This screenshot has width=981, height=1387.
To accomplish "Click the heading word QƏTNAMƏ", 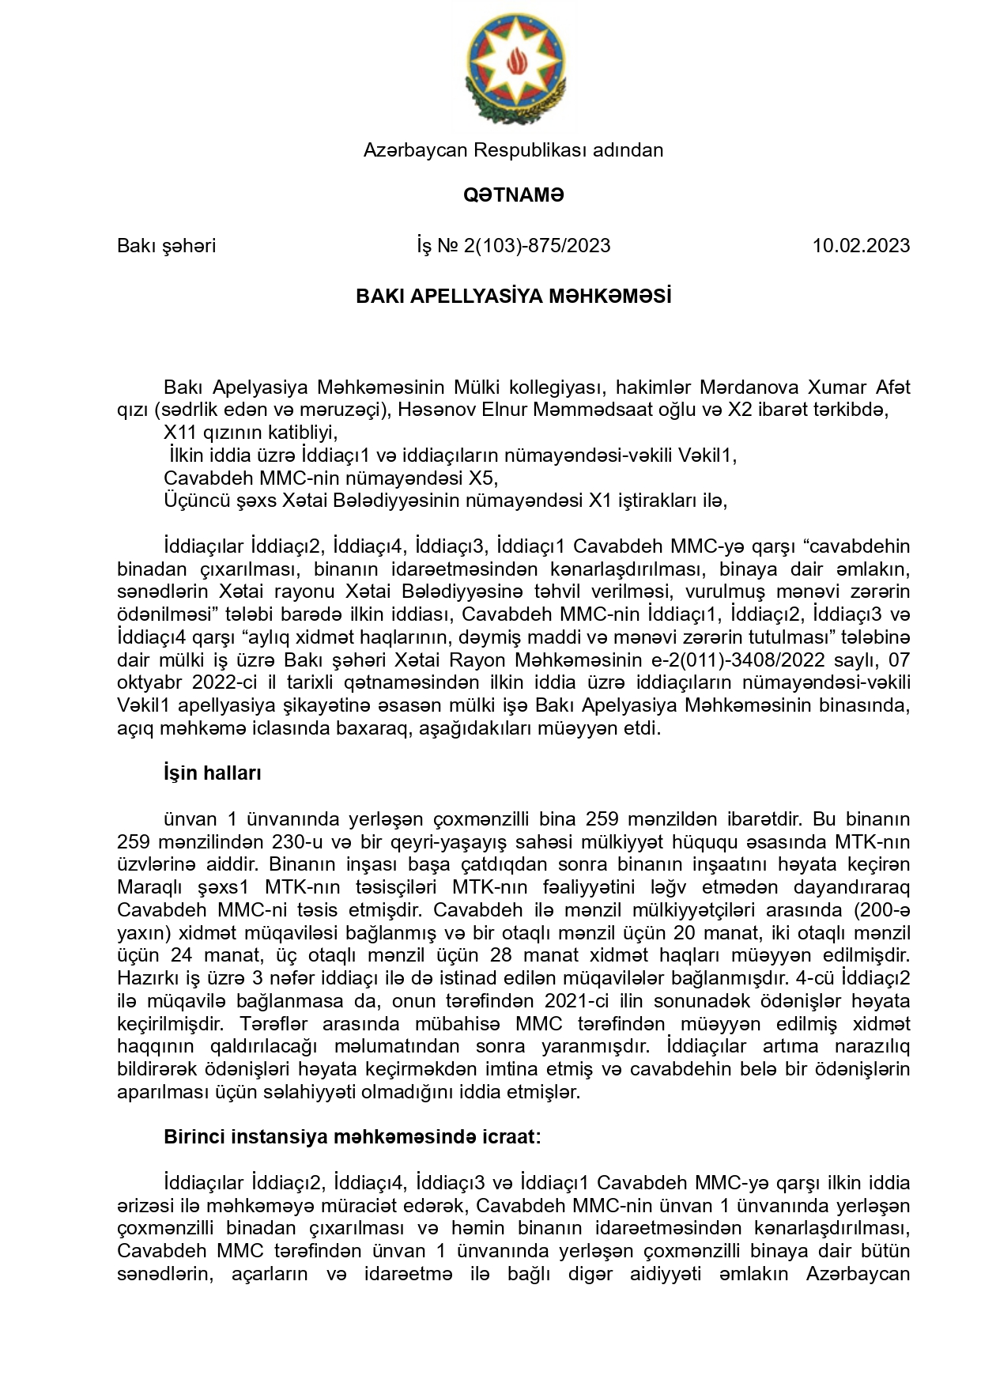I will [514, 195].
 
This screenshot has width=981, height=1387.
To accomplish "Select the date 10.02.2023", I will [861, 246].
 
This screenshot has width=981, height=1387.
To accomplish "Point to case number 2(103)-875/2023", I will [537, 246].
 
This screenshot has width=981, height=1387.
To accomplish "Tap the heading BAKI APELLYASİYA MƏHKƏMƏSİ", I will [514, 296].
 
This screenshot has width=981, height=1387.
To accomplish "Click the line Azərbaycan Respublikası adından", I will [514, 150].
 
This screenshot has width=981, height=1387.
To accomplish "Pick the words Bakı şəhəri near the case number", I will [166, 246].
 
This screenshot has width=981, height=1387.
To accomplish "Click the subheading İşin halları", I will [212, 773].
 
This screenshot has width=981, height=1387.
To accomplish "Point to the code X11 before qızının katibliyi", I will [179, 433].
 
